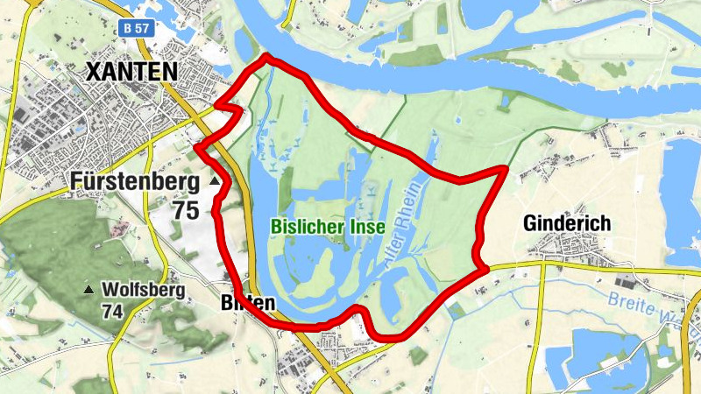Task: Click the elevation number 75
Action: pos(186,211)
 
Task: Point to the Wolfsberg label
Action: pos(143,290)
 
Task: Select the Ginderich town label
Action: pos(566,223)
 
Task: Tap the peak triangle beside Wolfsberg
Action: pos(88,290)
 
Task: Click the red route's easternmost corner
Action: pos(506,167)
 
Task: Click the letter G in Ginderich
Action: pos(529,223)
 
